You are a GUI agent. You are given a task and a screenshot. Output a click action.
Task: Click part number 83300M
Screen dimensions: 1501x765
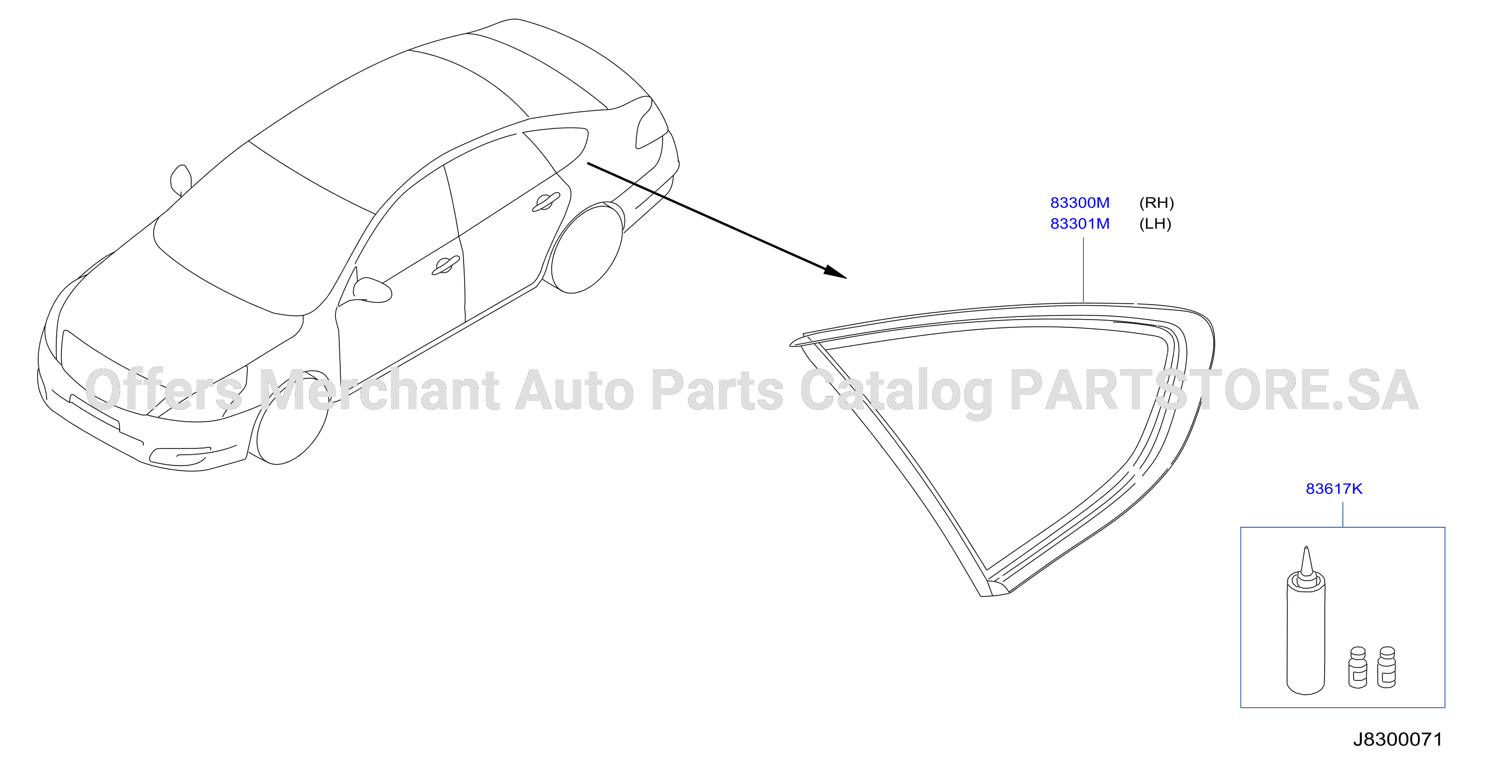tap(1080, 203)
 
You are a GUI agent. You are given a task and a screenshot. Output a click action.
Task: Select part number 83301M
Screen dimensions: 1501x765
tap(1080, 224)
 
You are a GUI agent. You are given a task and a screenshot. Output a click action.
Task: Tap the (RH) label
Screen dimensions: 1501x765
tap(1156, 203)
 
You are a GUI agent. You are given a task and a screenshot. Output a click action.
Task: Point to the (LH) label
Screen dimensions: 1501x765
tap(1155, 224)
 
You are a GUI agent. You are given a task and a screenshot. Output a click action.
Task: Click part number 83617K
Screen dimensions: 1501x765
tap(1334, 489)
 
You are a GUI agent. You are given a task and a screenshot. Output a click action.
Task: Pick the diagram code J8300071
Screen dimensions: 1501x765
tap(1397, 739)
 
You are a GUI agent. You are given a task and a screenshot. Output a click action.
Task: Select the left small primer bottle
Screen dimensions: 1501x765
tap(1358, 668)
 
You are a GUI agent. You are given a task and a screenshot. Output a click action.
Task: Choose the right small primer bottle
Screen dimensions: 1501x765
tap(1387, 668)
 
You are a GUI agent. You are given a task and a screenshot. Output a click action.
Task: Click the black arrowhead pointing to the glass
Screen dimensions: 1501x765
tap(835, 272)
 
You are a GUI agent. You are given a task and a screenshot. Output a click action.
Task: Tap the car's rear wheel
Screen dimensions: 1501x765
tap(586, 248)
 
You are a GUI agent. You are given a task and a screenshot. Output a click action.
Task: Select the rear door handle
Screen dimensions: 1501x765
tap(546, 202)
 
